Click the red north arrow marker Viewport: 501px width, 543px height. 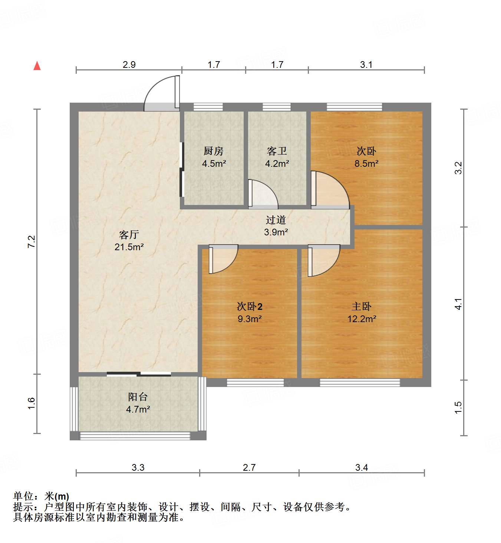tap(37, 66)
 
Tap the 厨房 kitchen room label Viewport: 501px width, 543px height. tap(214, 151)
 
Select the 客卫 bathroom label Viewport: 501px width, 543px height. tap(277, 151)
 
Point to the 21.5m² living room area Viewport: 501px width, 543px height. tap(129, 247)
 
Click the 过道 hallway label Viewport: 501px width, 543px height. tap(276, 220)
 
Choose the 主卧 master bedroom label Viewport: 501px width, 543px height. tap(362, 306)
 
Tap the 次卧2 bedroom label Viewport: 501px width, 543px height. tap(250, 307)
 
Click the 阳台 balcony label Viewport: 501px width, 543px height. tap(138, 397)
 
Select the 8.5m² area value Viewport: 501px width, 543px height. tap(366, 163)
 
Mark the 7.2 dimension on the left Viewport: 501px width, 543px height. tap(32, 242)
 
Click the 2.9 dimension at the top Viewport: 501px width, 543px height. tap(129, 64)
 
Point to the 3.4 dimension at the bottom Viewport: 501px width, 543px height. tap(362, 467)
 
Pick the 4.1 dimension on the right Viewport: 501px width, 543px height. tap(459, 304)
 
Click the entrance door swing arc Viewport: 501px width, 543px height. tap(158, 91)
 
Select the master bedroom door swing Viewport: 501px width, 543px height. tap(323, 261)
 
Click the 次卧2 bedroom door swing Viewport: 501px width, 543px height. tap(223, 259)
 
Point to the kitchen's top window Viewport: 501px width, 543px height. tap(208, 107)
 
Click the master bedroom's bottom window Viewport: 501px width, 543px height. tap(360, 383)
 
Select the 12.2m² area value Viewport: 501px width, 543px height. tap(362, 319)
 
